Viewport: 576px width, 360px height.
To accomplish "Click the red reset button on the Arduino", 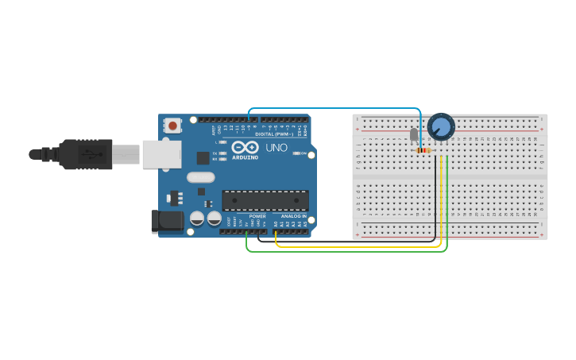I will [x=172, y=125].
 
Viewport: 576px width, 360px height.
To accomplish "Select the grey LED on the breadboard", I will [x=413, y=134].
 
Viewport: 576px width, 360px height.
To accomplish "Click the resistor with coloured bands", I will [x=423, y=149].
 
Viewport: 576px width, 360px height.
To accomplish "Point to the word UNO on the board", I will [x=276, y=148].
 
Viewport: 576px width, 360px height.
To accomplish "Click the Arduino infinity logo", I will [x=244, y=148].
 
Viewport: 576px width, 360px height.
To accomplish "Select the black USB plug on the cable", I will [x=79, y=154].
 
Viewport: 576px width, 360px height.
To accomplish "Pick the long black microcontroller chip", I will [x=265, y=201].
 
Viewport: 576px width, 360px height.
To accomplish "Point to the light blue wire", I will [x=334, y=108].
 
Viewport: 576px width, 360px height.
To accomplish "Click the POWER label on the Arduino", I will [x=257, y=216].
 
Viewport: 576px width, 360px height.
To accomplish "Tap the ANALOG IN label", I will [x=292, y=216].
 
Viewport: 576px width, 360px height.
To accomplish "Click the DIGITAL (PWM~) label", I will [x=274, y=134].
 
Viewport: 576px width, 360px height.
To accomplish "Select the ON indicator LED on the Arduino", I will [x=296, y=153].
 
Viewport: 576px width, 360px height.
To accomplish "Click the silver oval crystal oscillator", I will [x=201, y=177].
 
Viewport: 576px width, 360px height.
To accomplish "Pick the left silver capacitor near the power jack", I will [x=197, y=218].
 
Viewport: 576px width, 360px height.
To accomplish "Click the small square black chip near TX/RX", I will [x=203, y=158].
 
